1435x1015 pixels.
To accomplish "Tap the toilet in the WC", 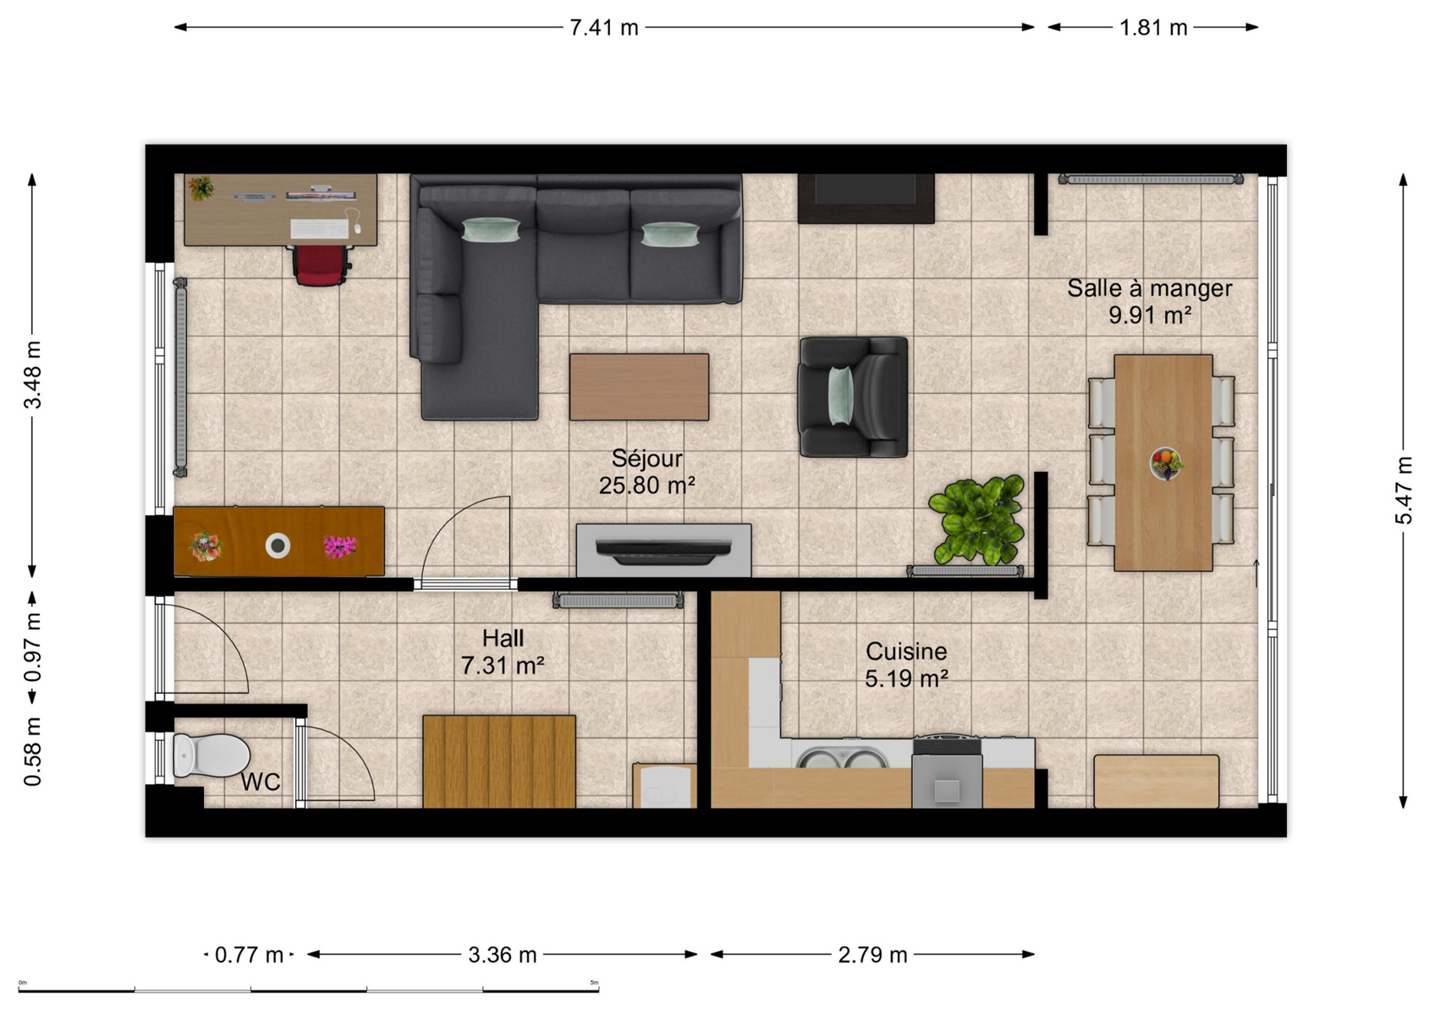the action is (x=211, y=755).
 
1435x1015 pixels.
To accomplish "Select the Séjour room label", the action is (x=647, y=458).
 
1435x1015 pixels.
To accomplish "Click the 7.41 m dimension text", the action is (x=604, y=28).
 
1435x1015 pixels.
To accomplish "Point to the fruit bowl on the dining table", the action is (x=1166, y=463).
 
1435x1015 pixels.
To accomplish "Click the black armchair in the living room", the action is (x=853, y=397).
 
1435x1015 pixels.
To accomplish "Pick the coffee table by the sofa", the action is (x=640, y=387).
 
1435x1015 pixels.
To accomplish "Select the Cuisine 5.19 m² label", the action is (x=906, y=665).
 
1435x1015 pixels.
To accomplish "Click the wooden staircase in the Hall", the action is (x=499, y=761).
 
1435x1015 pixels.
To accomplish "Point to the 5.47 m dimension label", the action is (x=1404, y=490).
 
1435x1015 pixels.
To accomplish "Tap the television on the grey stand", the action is (x=663, y=551).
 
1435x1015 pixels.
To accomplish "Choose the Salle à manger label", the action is (x=1149, y=288).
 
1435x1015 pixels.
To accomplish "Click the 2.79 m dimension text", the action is (x=872, y=955).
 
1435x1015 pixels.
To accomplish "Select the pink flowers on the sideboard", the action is (x=340, y=546).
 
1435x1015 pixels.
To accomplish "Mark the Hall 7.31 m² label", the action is (x=503, y=652).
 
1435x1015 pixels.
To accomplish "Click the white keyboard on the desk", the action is (x=320, y=228).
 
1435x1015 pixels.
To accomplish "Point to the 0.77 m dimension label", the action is (x=249, y=955).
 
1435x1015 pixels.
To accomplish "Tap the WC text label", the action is (x=261, y=782).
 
